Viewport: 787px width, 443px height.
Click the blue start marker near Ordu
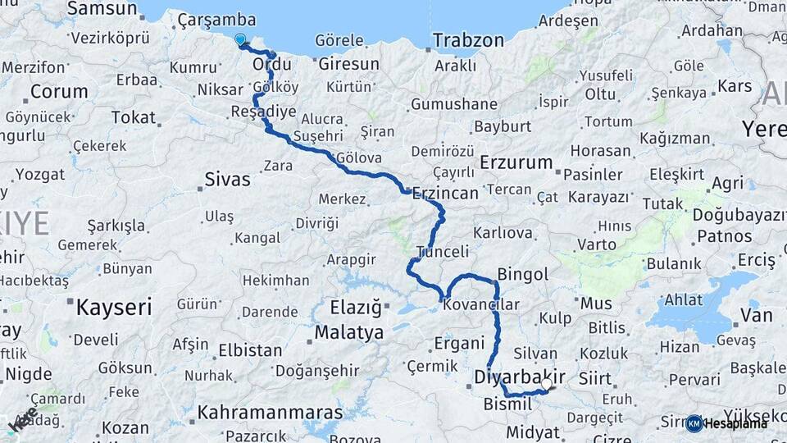(x=239, y=39)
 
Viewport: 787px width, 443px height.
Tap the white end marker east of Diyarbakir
(x=547, y=383)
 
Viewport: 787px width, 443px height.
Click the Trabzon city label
(x=468, y=40)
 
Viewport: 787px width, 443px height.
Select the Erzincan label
(x=445, y=194)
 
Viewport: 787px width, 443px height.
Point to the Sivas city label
(x=227, y=179)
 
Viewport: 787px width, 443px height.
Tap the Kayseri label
(x=114, y=308)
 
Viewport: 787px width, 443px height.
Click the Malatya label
(x=349, y=333)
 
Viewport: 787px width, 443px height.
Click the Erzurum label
(x=516, y=162)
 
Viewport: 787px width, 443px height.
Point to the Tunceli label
(x=443, y=252)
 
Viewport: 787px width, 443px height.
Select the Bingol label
(x=522, y=275)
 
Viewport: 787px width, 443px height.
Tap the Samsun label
(x=102, y=9)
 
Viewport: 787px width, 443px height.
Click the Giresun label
(x=348, y=64)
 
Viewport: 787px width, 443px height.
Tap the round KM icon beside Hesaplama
(x=694, y=423)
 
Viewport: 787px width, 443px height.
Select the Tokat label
(x=133, y=117)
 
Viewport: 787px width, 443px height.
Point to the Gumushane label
(x=453, y=104)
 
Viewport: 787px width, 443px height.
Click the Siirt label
(x=594, y=379)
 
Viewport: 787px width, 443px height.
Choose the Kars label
(x=735, y=86)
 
